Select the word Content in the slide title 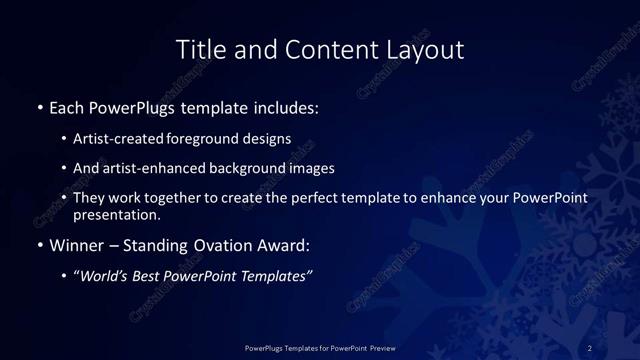pos(323,49)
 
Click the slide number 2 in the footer pos(590,347)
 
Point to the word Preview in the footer pos(376,347)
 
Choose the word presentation pos(116,214)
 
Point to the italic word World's pos(105,276)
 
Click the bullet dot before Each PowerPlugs pos(39,106)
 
